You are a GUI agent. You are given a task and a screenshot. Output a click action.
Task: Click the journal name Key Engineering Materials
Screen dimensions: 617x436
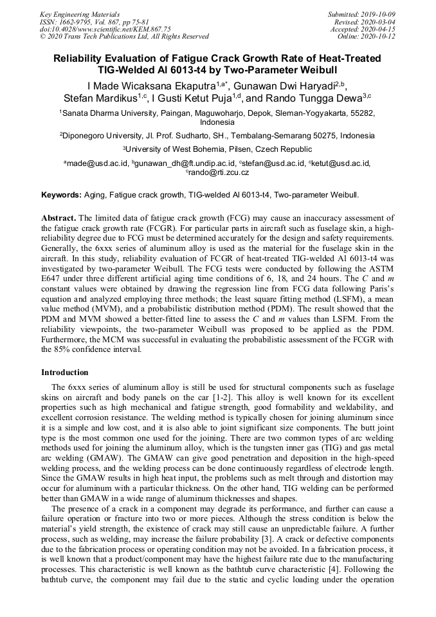(80, 14)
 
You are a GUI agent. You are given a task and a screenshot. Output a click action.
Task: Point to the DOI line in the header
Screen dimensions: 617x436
(105, 29)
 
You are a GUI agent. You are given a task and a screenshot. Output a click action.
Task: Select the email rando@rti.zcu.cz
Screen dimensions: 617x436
(219, 172)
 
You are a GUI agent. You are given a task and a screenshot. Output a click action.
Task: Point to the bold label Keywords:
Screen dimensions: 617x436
(62, 194)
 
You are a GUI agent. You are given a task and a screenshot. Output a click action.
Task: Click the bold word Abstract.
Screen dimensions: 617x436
(59, 218)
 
